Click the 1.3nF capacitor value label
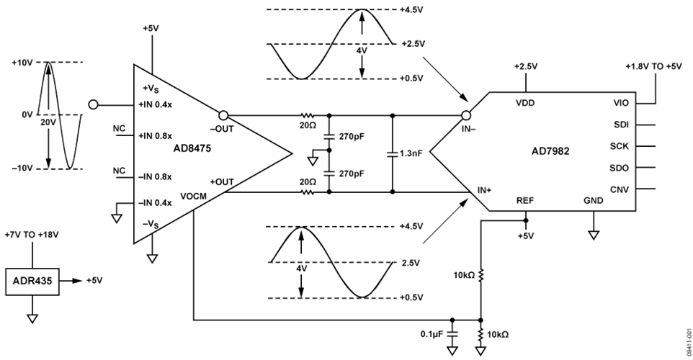point(411,154)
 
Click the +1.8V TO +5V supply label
point(656,67)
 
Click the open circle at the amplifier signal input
point(92,104)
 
